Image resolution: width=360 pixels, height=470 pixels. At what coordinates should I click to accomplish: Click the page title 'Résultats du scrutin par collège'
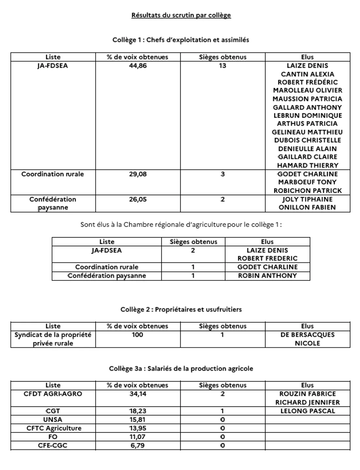pos(181,15)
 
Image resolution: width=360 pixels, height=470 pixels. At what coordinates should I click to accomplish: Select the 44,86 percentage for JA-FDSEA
pos(138,66)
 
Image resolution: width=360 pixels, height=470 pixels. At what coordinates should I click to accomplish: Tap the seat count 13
pos(223,66)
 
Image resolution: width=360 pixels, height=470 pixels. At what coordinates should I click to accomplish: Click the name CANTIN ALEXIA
pos(307,74)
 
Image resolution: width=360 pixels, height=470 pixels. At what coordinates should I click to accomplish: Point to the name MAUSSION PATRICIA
pos(307,99)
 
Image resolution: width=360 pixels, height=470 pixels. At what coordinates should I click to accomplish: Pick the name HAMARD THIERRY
pos(307,165)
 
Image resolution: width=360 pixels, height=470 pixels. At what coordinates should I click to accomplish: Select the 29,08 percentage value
pos(138,174)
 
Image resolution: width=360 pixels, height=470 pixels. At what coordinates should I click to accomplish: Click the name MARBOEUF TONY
pos(307,182)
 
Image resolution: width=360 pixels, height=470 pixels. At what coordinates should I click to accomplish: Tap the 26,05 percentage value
pos(138,199)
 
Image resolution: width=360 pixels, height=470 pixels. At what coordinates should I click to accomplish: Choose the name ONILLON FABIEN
pos(307,207)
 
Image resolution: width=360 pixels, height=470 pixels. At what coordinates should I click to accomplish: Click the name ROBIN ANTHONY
pos(267,275)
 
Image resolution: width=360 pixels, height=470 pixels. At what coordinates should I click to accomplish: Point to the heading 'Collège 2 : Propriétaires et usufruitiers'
pos(181,310)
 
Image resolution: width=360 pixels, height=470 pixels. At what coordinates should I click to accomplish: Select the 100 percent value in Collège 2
pos(138,335)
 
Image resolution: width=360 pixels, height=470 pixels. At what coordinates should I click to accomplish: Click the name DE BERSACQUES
pos(307,335)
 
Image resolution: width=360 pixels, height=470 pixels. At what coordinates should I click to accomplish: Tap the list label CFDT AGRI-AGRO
pos(53,394)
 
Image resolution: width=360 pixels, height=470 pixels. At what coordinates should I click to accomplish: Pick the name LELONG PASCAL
pos(307,411)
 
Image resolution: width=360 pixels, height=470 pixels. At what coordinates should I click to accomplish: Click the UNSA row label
pos(53,420)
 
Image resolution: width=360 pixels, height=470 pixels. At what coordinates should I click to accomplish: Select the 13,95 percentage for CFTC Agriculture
pos(138,428)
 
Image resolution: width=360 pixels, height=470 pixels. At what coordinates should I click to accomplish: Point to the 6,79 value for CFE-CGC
pos(138,445)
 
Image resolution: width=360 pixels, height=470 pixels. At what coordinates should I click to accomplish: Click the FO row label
pos(53,437)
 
